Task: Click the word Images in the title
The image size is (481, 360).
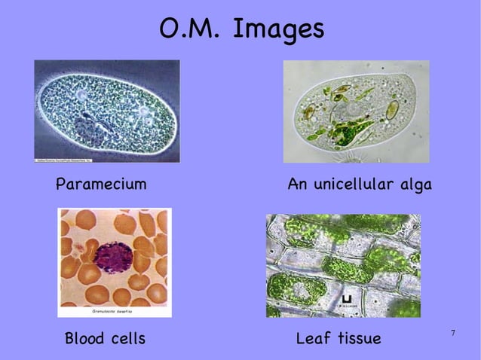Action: pyautogui.click(x=278, y=29)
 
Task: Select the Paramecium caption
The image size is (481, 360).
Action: pyautogui.click(x=101, y=185)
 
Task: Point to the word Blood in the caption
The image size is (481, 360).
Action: pyautogui.click(x=85, y=339)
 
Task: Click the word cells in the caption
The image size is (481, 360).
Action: pyautogui.click(x=127, y=339)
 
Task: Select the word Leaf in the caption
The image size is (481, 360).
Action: pyautogui.click(x=312, y=339)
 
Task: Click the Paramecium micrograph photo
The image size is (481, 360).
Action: pyautogui.click(x=107, y=111)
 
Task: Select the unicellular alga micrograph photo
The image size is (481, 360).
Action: pyautogui.click(x=356, y=111)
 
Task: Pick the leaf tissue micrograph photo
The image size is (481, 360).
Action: pyautogui.click(x=343, y=265)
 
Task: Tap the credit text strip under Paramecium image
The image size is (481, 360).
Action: pyautogui.click(x=72, y=160)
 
